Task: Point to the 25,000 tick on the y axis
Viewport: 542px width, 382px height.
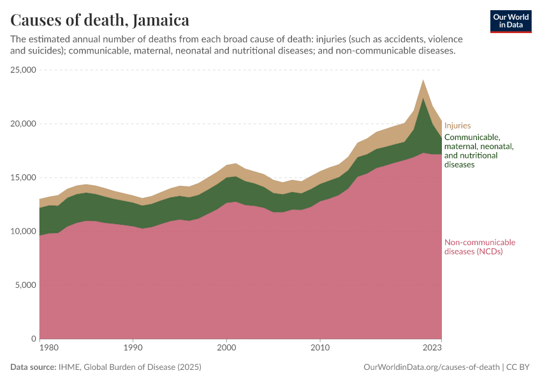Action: (23, 70)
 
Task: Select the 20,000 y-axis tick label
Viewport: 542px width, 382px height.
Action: (23, 124)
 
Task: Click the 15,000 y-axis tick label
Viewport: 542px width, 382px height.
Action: (23, 178)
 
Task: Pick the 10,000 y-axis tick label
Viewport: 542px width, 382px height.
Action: (23, 231)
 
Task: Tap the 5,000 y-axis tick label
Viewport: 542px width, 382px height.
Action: (26, 285)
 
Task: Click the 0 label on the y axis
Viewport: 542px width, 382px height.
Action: (33, 339)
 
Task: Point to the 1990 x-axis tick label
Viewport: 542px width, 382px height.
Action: (133, 348)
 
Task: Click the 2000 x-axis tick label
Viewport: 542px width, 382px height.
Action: (226, 348)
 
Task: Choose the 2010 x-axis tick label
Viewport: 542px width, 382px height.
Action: (320, 348)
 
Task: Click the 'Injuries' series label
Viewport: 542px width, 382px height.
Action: (457, 126)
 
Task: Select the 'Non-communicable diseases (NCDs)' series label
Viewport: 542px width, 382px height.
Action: (480, 247)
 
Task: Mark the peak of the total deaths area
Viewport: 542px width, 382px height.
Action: (423, 80)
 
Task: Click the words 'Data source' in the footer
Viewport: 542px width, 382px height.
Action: (32, 367)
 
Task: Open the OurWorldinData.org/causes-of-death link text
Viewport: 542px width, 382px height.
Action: (430, 367)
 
